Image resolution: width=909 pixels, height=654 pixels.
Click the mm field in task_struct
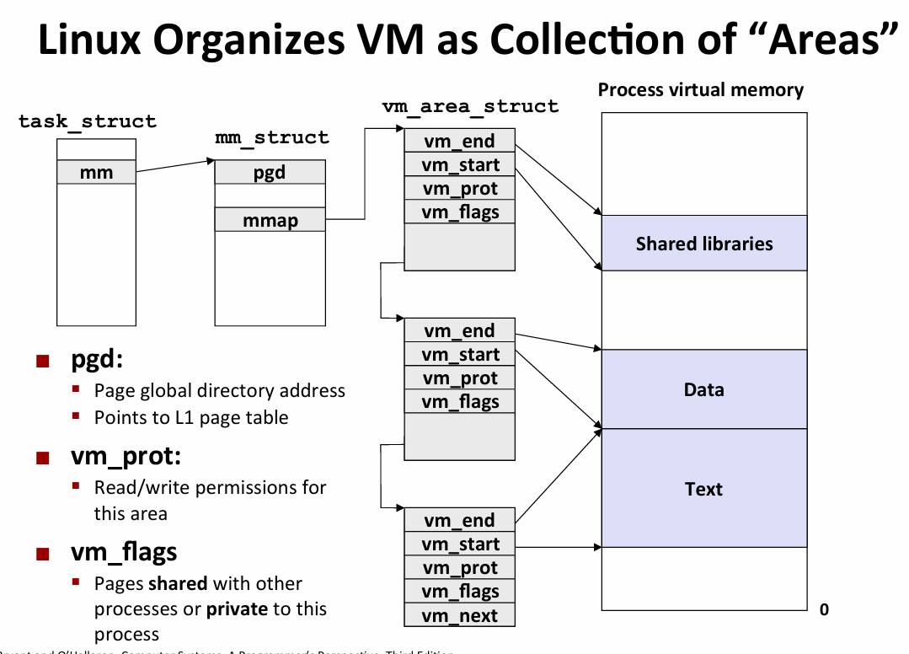click(96, 173)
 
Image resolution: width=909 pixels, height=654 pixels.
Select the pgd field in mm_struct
click(270, 173)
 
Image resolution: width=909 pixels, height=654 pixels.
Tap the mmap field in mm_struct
click(270, 221)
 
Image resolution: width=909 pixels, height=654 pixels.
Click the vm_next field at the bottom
click(460, 616)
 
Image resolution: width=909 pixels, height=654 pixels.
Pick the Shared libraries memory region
click(704, 244)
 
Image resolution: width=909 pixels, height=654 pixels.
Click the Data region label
click(704, 389)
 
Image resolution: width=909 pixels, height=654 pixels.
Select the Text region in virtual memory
click(704, 489)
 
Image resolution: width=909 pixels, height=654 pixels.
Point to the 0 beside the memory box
click(824, 609)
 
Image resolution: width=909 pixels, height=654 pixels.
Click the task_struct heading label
click(88, 121)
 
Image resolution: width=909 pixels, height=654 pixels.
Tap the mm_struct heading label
click(272, 137)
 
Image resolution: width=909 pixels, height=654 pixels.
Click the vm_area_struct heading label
click(470, 106)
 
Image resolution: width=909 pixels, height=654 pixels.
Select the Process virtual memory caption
click(701, 90)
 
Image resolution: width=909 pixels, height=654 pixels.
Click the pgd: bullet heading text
click(97, 361)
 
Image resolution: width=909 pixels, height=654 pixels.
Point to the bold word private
click(237, 608)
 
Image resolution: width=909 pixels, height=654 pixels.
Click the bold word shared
click(178, 583)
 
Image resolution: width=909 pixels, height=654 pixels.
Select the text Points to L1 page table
click(191, 417)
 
